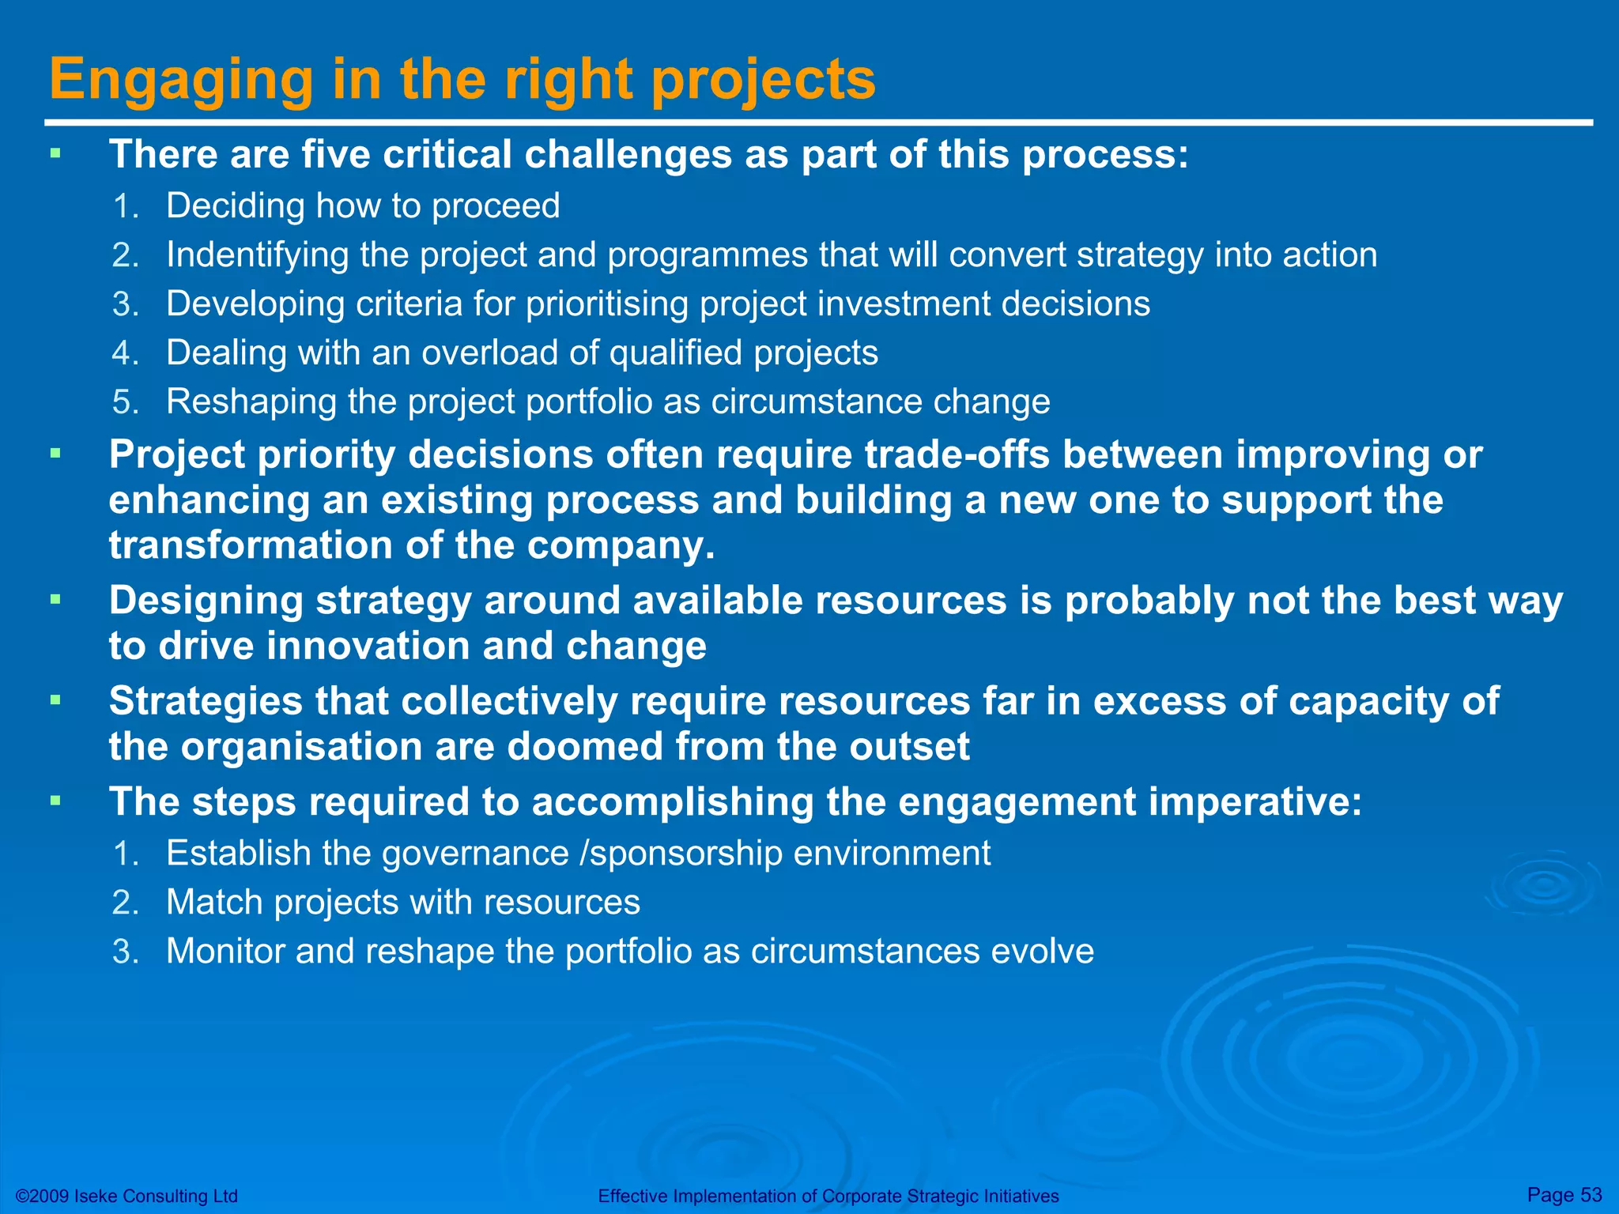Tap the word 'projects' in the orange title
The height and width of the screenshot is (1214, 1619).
[764, 81]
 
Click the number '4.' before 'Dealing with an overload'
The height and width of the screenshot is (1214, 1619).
[126, 353]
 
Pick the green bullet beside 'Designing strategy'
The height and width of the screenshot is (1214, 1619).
[55, 601]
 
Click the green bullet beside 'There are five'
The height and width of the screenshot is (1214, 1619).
[55, 153]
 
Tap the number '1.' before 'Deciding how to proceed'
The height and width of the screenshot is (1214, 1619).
[126, 206]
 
